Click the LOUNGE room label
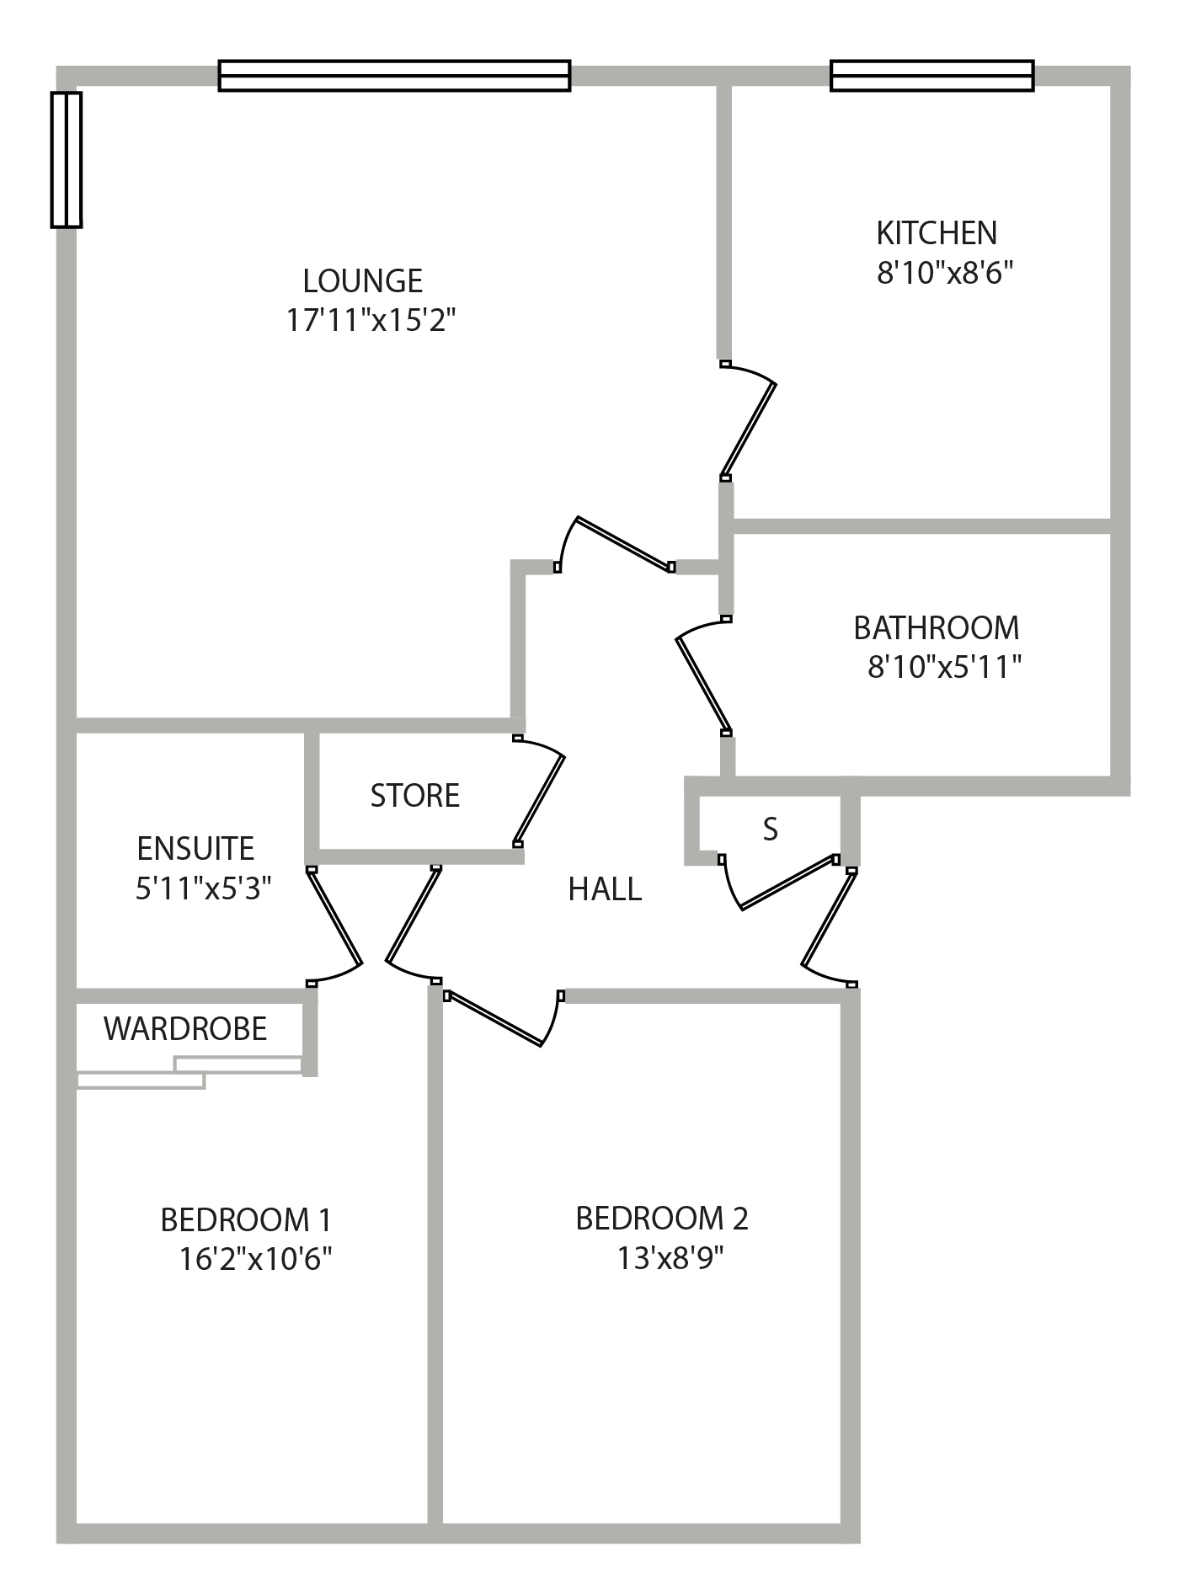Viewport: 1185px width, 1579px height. coord(363,280)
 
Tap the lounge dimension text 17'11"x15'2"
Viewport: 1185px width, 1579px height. coord(371,320)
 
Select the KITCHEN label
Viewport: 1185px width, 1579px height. coord(937,232)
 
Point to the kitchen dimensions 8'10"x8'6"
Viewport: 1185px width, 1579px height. coord(944,272)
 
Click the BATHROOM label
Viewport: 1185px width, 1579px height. coord(937,628)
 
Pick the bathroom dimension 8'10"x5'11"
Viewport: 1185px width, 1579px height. coord(945,667)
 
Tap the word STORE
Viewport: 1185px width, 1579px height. coord(415,796)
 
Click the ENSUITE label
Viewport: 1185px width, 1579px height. coord(195,849)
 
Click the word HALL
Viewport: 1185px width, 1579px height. coord(605,889)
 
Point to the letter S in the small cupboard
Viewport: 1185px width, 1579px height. coord(771,830)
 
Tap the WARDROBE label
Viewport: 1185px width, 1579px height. coord(185,1029)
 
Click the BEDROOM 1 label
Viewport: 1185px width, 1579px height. coord(246,1220)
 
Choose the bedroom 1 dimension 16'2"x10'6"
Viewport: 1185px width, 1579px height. coord(255,1259)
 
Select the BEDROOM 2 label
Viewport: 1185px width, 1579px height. coord(662,1219)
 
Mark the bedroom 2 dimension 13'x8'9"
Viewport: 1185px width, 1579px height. coord(670,1257)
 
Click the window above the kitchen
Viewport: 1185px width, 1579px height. coord(931,76)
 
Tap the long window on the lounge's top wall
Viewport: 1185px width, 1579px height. coord(394,76)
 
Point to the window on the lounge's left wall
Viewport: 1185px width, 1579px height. coord(67,160)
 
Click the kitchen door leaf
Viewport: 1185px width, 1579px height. coord(749,429)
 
